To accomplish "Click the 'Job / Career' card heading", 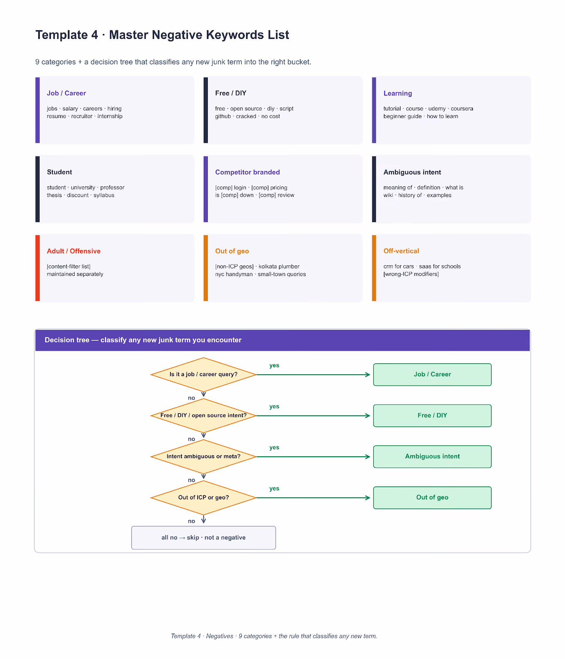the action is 66,93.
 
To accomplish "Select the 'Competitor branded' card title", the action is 247,172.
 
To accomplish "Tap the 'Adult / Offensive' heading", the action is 74,251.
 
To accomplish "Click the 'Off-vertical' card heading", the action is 401,251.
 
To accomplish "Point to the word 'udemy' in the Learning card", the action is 437,109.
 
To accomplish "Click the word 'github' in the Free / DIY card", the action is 223,116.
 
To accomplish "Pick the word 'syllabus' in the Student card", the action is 104,195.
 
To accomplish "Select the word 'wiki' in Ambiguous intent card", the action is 388,195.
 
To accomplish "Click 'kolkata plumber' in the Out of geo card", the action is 279,266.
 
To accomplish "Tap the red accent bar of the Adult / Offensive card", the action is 37,268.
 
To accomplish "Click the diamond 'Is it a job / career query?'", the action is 203,375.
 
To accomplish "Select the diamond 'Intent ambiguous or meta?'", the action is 203,457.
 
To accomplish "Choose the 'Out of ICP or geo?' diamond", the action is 203,498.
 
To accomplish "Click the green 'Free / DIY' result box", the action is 432,416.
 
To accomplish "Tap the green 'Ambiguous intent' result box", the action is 432,457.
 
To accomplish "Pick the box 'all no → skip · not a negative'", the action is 203,538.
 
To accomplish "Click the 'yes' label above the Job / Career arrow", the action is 274,366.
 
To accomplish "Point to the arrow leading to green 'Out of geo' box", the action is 313,498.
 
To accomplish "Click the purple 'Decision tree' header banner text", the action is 143,340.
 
